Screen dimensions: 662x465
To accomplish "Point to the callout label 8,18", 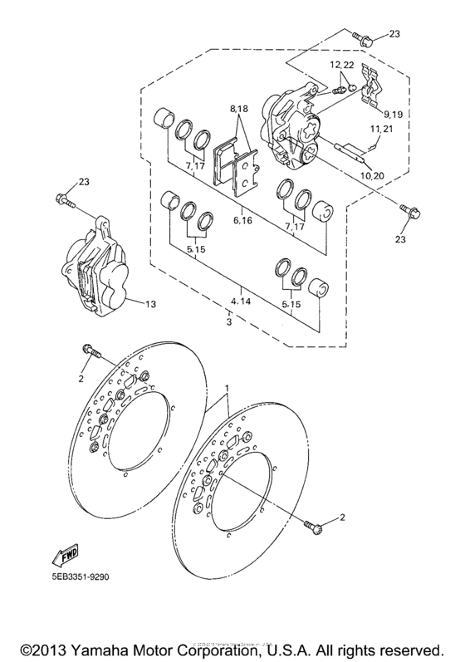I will coord(240,109).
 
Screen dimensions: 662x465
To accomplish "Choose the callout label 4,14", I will coord(241,301).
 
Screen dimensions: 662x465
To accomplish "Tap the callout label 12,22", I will coord(340,64).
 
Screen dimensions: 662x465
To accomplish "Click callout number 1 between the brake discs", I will coord(226,389).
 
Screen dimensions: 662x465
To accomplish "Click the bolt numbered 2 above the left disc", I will coord(91,353).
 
